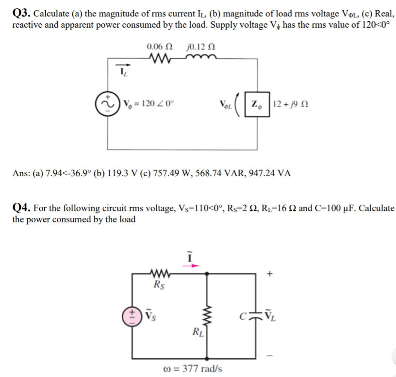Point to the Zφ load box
pyautogui.click(x=256, y=103)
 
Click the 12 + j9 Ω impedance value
pyautogui.click(x=291, y=103)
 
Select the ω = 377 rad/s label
pyautogui.click(x=198, y=368)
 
